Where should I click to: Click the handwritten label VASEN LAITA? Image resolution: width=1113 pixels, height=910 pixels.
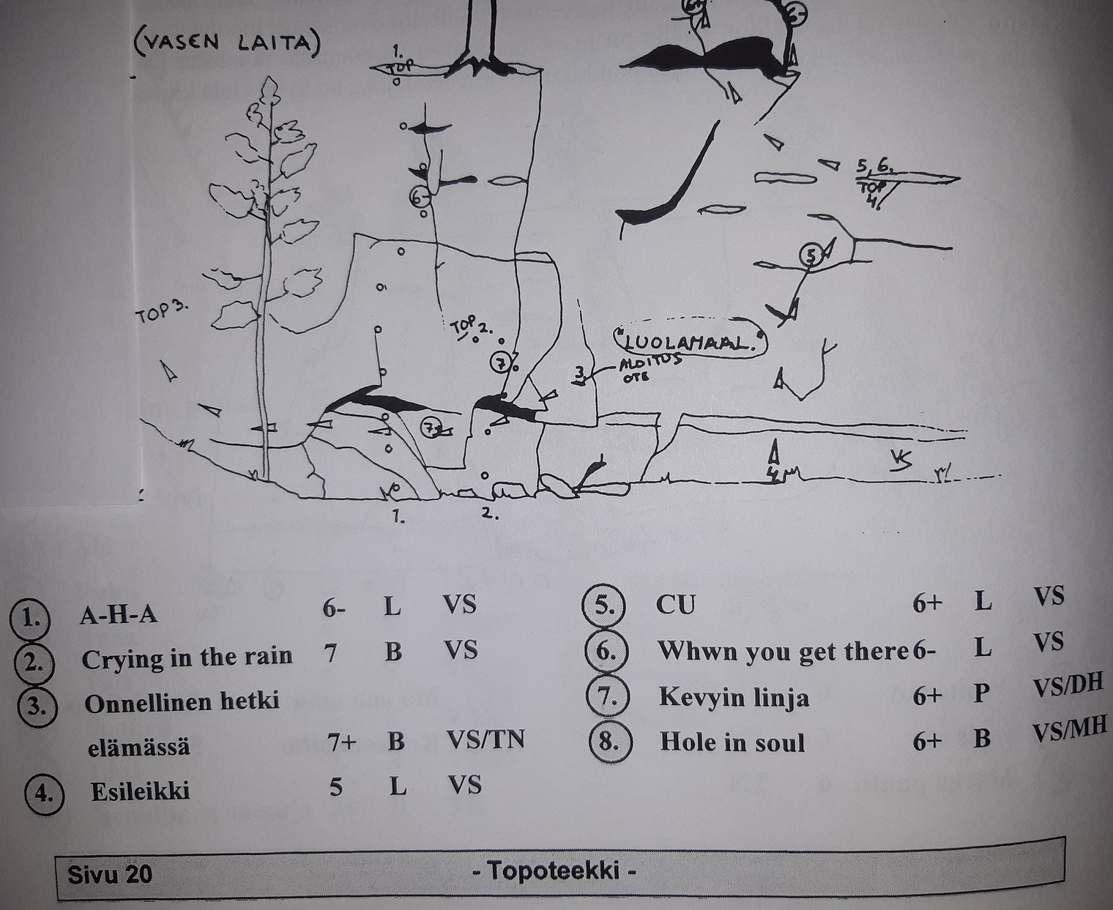(226, 43)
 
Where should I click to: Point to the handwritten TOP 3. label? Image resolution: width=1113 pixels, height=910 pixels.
(161, 313)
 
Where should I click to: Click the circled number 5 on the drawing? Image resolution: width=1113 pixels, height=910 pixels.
(810, 255)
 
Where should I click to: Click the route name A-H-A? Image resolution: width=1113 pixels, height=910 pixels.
(118, 614)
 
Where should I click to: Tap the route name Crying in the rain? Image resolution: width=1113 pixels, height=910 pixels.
(187, 657)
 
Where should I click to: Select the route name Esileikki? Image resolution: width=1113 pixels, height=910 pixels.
(140, 791)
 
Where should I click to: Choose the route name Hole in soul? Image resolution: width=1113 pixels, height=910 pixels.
(732, 742)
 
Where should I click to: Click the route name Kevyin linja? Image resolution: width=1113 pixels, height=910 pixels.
(734, 696)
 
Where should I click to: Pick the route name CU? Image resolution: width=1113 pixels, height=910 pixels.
(676, 605)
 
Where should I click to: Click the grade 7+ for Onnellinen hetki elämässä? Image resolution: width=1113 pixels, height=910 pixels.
(342, 742)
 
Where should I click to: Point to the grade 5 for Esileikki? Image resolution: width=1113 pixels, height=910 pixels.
(336, 788)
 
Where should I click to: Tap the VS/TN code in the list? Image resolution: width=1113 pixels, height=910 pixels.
(485, 740)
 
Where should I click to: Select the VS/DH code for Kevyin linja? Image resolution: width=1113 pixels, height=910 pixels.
(1067, 685)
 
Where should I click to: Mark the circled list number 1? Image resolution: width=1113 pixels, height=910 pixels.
(30, 617)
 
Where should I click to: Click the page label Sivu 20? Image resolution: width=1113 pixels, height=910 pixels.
(110, 873)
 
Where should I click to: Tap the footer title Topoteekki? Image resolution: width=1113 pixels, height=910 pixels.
(554, 871)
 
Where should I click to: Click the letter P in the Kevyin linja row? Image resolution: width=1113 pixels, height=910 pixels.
(982, 693)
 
